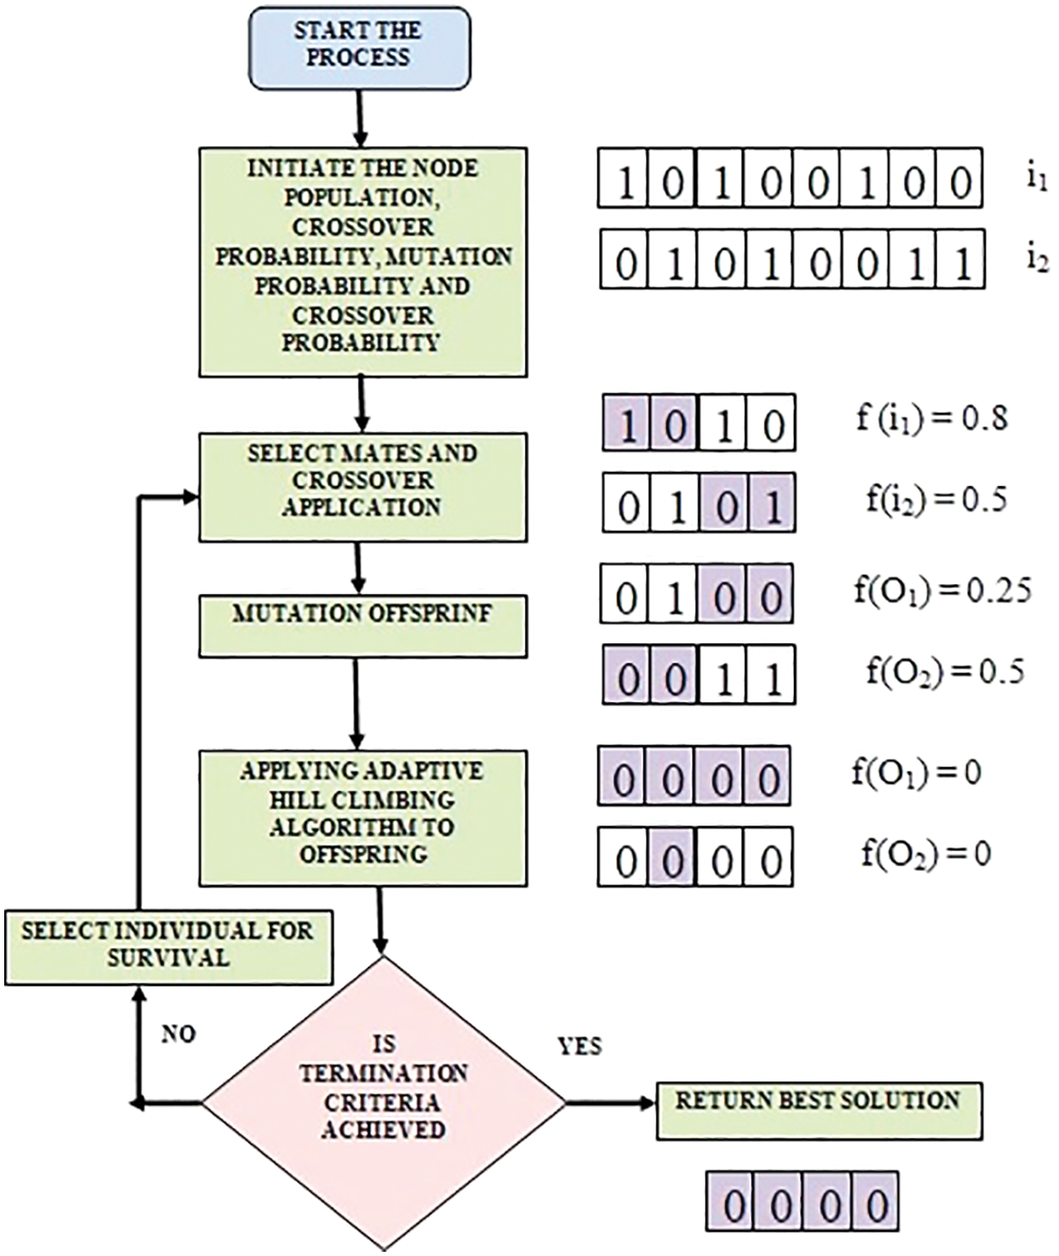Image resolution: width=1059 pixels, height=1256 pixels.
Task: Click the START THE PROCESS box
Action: point(358,47)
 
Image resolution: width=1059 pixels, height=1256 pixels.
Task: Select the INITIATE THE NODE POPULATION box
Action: point(363,262)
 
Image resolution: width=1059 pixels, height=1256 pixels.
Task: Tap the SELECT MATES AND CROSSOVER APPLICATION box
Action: point(363,487)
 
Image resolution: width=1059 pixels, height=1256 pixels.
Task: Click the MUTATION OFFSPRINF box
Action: point(363,626)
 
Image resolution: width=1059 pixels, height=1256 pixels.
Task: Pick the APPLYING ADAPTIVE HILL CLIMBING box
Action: point(363,818)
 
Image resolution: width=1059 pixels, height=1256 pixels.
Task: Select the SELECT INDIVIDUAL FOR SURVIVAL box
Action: point(168,946)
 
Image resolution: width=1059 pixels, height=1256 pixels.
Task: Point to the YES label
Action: point(580,1047)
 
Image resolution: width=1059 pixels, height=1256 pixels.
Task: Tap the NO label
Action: point(178,1034)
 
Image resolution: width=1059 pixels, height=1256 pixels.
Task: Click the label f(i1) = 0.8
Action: point(932,419)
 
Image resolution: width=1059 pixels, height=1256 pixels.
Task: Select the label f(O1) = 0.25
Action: point(942,591)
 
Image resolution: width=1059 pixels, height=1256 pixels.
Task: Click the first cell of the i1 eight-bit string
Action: point(624,180)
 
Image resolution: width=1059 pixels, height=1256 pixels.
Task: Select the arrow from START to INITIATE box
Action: point(359,118)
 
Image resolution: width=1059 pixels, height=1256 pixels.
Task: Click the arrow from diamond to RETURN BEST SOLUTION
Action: point(611,1102)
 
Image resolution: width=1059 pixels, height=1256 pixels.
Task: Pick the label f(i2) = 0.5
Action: point(936,500)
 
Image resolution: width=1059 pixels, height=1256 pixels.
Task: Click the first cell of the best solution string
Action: point(732,1202)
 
